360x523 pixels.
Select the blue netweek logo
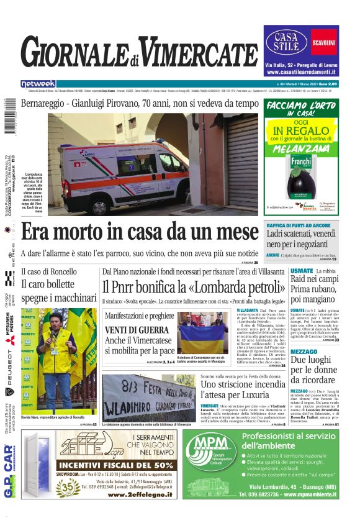click(x=38, y=84)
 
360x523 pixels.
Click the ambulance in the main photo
click(x=124, y=168)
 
